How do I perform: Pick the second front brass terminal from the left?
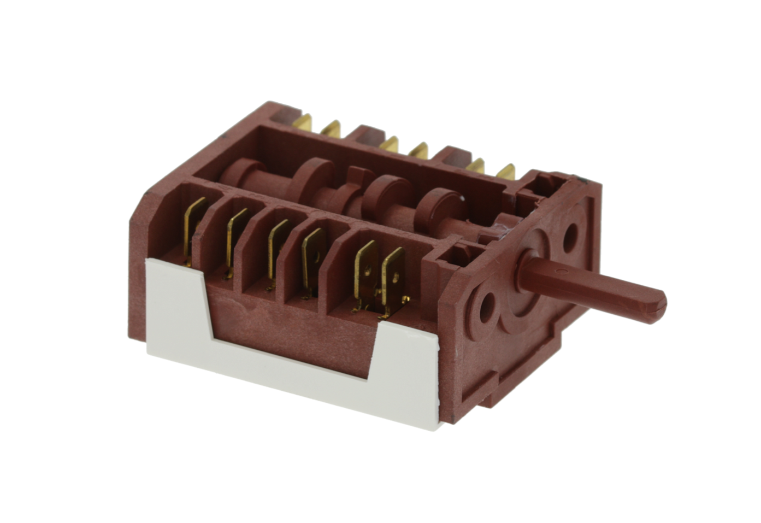coord(235,240)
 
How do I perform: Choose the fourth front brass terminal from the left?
coord(314,261)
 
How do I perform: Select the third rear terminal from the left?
coord(389,144)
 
